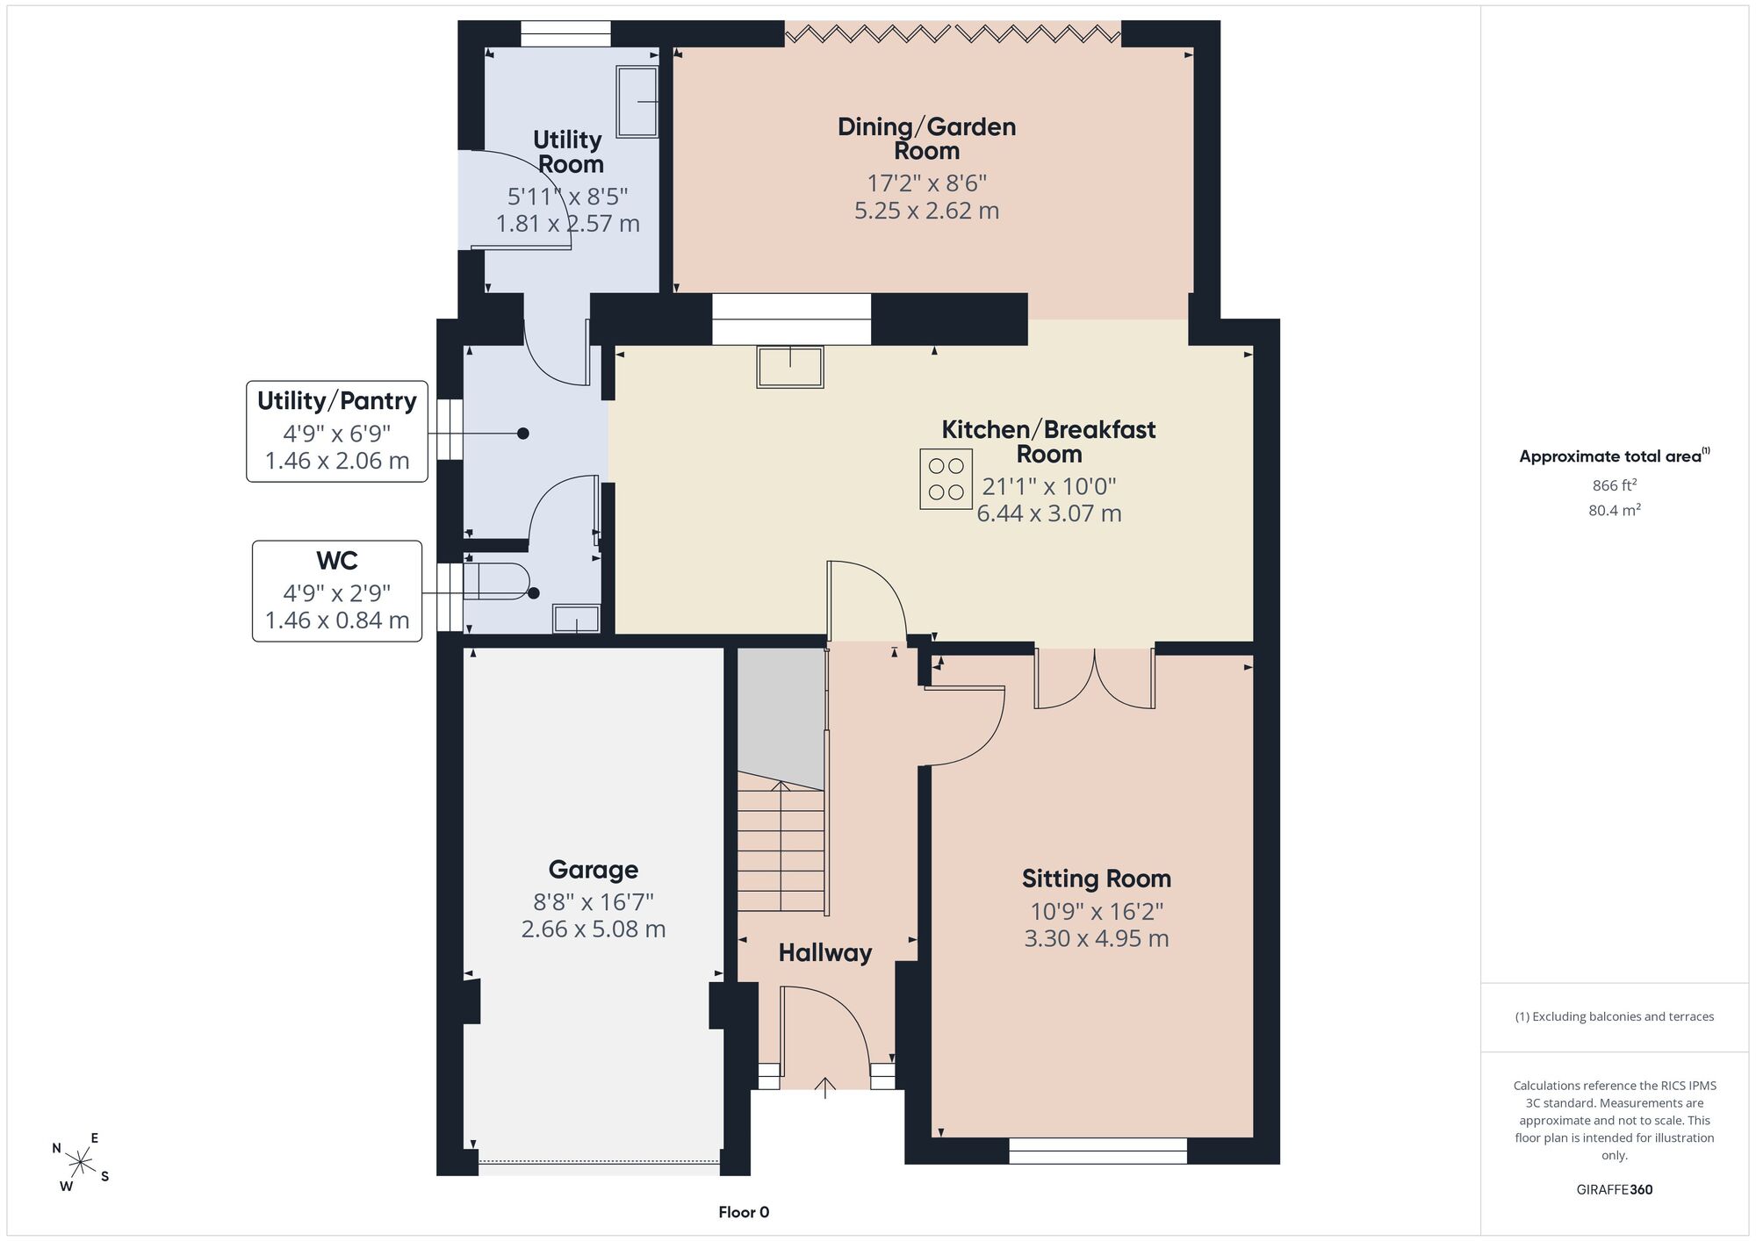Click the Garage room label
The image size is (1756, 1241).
click(x=594, y=870)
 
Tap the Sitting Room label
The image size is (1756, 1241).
click(x=1097, y=879)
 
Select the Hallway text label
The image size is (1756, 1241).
click(x=825, y=953)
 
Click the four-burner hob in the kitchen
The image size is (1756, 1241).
click(x=946, y=479)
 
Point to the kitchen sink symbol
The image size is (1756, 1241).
click(x=790, y=367)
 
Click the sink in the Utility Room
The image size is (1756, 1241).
click(x=637, y=102)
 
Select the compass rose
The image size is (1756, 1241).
click(x=81, y=1163)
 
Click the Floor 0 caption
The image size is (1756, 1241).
click(x=744, y=1212)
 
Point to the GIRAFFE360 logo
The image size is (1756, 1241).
click(x=1615, y=1190)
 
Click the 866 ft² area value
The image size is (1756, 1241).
click(x=1615, y=485)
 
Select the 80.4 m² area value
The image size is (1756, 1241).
click(x=1615, y=510)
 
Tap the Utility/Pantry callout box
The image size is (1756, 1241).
click(x=337, y=431)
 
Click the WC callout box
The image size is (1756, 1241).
click(x=337, y=591)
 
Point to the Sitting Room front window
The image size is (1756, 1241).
click(x=1097, y=1151)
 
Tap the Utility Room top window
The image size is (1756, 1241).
click(x=565, y=33)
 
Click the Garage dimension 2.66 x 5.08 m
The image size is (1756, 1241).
click(x=594, y=929)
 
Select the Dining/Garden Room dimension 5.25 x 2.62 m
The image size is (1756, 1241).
click(x=927, y=211)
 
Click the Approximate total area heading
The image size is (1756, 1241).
click(x=1615, y=456)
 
